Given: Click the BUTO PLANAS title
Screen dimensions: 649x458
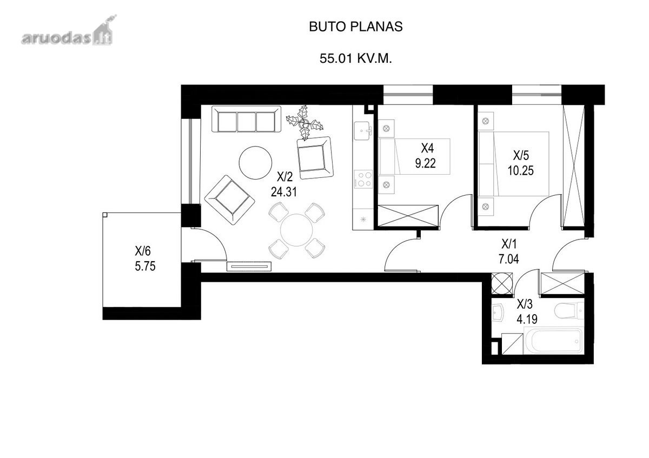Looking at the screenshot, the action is tap(355, 26).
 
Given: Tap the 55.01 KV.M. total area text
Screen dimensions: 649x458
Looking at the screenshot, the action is tap(355, 58).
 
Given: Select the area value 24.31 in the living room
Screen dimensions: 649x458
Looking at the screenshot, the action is tap(283, 192).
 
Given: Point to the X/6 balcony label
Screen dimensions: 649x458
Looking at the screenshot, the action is tap(143, 251).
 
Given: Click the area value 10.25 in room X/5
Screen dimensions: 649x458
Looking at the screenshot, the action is tap(520, 171).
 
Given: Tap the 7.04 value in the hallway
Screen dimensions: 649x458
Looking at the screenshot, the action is tap(509, 259).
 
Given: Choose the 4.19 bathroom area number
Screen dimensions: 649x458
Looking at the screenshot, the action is tap(527, 319).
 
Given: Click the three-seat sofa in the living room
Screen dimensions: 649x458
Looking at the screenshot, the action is tap(246, 119).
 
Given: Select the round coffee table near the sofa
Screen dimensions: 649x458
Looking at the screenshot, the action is tap(255, 163).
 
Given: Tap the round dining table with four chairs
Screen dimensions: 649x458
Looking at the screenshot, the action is tap(297, 230).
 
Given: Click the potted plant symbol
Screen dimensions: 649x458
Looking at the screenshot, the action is tap(305, 123).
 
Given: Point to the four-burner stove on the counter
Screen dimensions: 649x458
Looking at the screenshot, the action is tap(363, 179).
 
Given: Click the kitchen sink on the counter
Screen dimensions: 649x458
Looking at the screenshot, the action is tap(363, 130).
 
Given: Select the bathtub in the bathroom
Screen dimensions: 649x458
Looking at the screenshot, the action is tap(553, 341).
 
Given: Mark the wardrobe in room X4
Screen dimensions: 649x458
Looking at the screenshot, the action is tap(408, 216).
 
